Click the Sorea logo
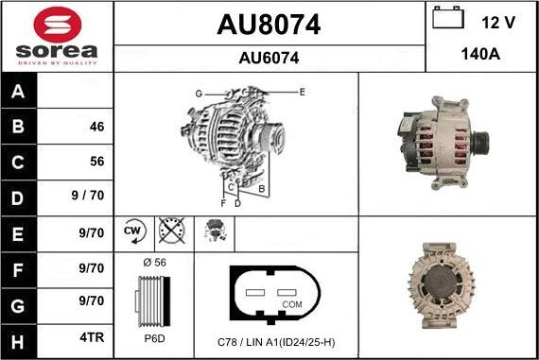pyautogui.click(x=56, y=36)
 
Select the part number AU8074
pyautogui.click(x=269, y=25)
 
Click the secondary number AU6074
pyautogui.click(x=269, y=58)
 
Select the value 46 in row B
pyautogui.click(x=96, y=127)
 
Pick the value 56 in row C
pyautogui.click(x=96, y=162)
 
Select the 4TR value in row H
pyautogui.click(x=91, y=335)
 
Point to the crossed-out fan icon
pyautogui.click(x=170, y=231)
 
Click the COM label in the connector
pyautogui.click(x=292, y=304)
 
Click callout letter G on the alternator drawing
pyautogui.click(x=199, y=93)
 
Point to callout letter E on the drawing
pyautogui.click(x=302, y=92)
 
